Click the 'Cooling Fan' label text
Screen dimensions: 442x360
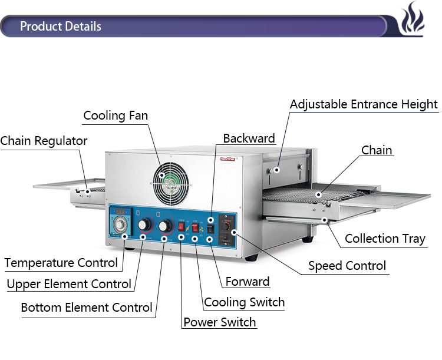point(116,115)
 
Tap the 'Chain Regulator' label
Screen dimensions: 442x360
point(44,141)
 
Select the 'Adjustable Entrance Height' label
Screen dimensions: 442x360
point(364,105)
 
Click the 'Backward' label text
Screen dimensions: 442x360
point(249,138)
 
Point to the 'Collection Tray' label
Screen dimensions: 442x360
point(385,239)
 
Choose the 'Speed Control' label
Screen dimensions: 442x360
point(347,266)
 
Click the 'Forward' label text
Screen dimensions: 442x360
point(248,282)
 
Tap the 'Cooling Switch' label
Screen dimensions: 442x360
point(244,302)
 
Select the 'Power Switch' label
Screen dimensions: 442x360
point(220,322)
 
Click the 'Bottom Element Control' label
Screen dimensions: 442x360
point(87,308)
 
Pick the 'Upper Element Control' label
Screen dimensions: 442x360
point(69,284)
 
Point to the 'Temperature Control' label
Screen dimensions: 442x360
point(61,263)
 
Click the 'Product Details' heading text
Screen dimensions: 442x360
point(61,26)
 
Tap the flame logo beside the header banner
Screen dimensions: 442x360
point(412,18)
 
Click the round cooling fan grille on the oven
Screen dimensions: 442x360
point(171,183)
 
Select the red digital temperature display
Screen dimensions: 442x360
point(120,212)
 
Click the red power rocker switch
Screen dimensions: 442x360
point(181,226)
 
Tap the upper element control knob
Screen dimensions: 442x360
point(144,224)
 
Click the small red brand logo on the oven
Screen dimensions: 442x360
point(227,159)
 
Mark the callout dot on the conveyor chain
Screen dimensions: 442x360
point(318,194)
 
